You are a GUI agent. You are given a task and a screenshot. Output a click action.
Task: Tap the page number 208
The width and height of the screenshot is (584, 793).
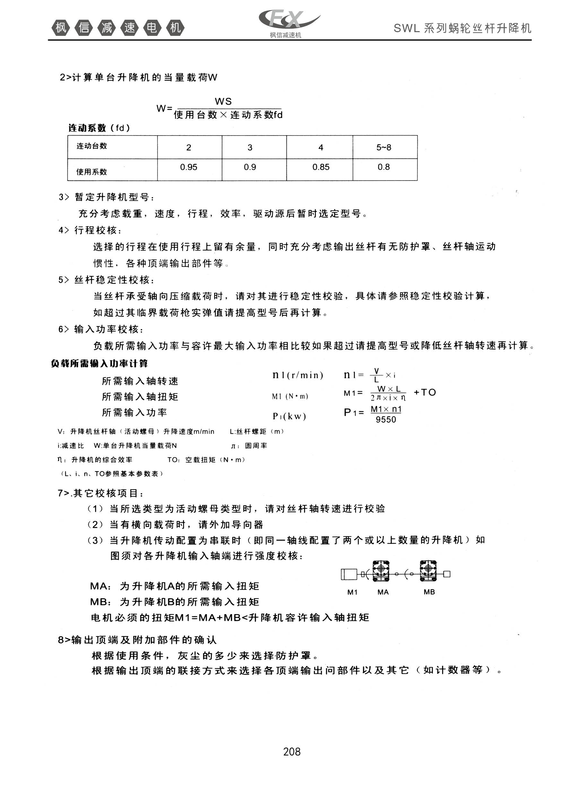pyautogui.click(x=292, y=751)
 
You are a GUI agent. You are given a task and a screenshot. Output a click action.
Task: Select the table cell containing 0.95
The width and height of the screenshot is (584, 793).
pyautogui.click(x=189, y=167)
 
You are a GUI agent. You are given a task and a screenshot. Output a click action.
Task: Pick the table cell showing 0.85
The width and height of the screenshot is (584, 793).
pyautogui.click(x=321, y=167)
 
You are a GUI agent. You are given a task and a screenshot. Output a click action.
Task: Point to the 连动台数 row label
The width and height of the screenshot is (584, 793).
pyautogui.click(x=92, y=146)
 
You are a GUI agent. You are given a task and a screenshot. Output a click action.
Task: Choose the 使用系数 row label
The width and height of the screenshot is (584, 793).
pyautogui.click(x=92, y=172)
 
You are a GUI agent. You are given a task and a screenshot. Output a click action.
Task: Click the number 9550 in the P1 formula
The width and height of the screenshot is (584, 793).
pyautogui.click(x=386, y=420)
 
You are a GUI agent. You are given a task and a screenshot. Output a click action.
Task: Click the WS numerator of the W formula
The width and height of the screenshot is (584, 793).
pyautogui.click(x=223, y=102)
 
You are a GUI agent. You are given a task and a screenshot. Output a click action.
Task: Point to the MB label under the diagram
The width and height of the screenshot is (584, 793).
pyautogui.click(x=429, y=592)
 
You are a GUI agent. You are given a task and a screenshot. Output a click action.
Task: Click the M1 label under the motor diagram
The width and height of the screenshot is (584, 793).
pyautogui.click(x=353, y=592)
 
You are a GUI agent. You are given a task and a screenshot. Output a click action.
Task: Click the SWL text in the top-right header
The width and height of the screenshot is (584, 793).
pyautogui.click(x=407, y=28)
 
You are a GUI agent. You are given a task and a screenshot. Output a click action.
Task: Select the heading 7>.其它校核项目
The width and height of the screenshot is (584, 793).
pyautogui.click(x=101, y=493)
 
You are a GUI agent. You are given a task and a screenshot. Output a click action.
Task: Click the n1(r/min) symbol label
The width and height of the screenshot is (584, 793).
pyautogui.click(x=298, y=375)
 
